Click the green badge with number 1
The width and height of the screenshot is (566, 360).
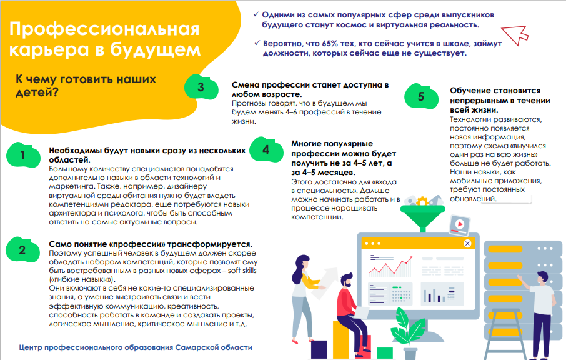(x=23, y=155)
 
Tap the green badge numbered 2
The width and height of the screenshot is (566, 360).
(x=22, y=249)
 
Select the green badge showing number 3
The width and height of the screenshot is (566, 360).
(x=201, y=87)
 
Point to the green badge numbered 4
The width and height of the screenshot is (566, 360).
(x=266, y=149)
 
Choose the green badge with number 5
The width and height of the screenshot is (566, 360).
(x=421, y=96)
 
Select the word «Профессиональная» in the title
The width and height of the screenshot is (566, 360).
(x=104, y=29)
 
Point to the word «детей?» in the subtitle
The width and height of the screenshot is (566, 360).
(x=37, y=92)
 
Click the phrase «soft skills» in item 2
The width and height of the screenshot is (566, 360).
(x=242, y=271)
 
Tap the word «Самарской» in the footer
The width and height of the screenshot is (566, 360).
(x=192, y=347)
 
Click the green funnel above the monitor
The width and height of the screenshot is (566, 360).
(x=423, y=217)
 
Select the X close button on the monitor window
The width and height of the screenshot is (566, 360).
(x=467, y=243)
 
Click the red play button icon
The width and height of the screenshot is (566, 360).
(x=460, y=224)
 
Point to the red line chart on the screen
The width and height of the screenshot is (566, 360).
(x=390, y=267)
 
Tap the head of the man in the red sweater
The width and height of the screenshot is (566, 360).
(x=347, y=280)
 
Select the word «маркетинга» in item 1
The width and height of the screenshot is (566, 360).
(x=66, y=187)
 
